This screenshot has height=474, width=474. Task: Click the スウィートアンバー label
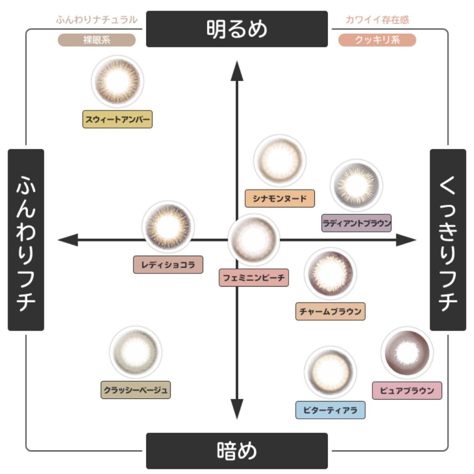click(118, 119)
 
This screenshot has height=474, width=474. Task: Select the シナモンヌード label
click(280, 199)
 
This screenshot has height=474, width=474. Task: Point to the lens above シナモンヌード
click(280, 160)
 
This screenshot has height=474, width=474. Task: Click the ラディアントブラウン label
click(356, 223)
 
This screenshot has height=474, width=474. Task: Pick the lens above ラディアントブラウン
click(356, 185)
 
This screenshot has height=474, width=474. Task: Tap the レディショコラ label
click(168, 265)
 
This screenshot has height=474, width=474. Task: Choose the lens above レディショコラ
click(168, 226)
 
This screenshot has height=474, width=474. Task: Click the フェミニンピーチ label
click(254, 278)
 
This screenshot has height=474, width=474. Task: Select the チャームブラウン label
click(331, 311)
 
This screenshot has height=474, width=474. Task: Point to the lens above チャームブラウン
click(331, 273)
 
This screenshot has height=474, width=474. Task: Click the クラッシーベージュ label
click(136, 390)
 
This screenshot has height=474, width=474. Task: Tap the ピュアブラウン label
click(407, 390)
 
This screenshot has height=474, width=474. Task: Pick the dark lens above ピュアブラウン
click(407, 353)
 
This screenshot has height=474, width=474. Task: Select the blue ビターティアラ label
click(331, 410)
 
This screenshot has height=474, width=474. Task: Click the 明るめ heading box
click(237, 29)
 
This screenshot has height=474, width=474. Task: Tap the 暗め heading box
click(237, 450)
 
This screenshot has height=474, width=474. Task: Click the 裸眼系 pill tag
click(97, 40)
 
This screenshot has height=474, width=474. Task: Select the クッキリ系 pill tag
click(377, 40)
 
